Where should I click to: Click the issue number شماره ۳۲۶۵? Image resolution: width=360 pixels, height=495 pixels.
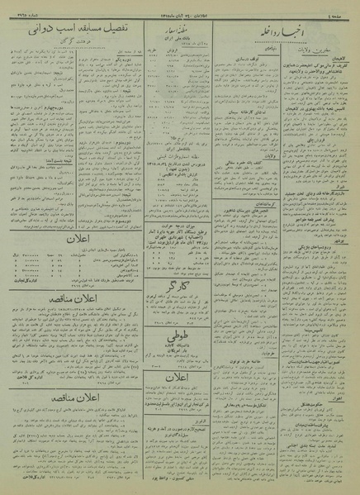20,12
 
